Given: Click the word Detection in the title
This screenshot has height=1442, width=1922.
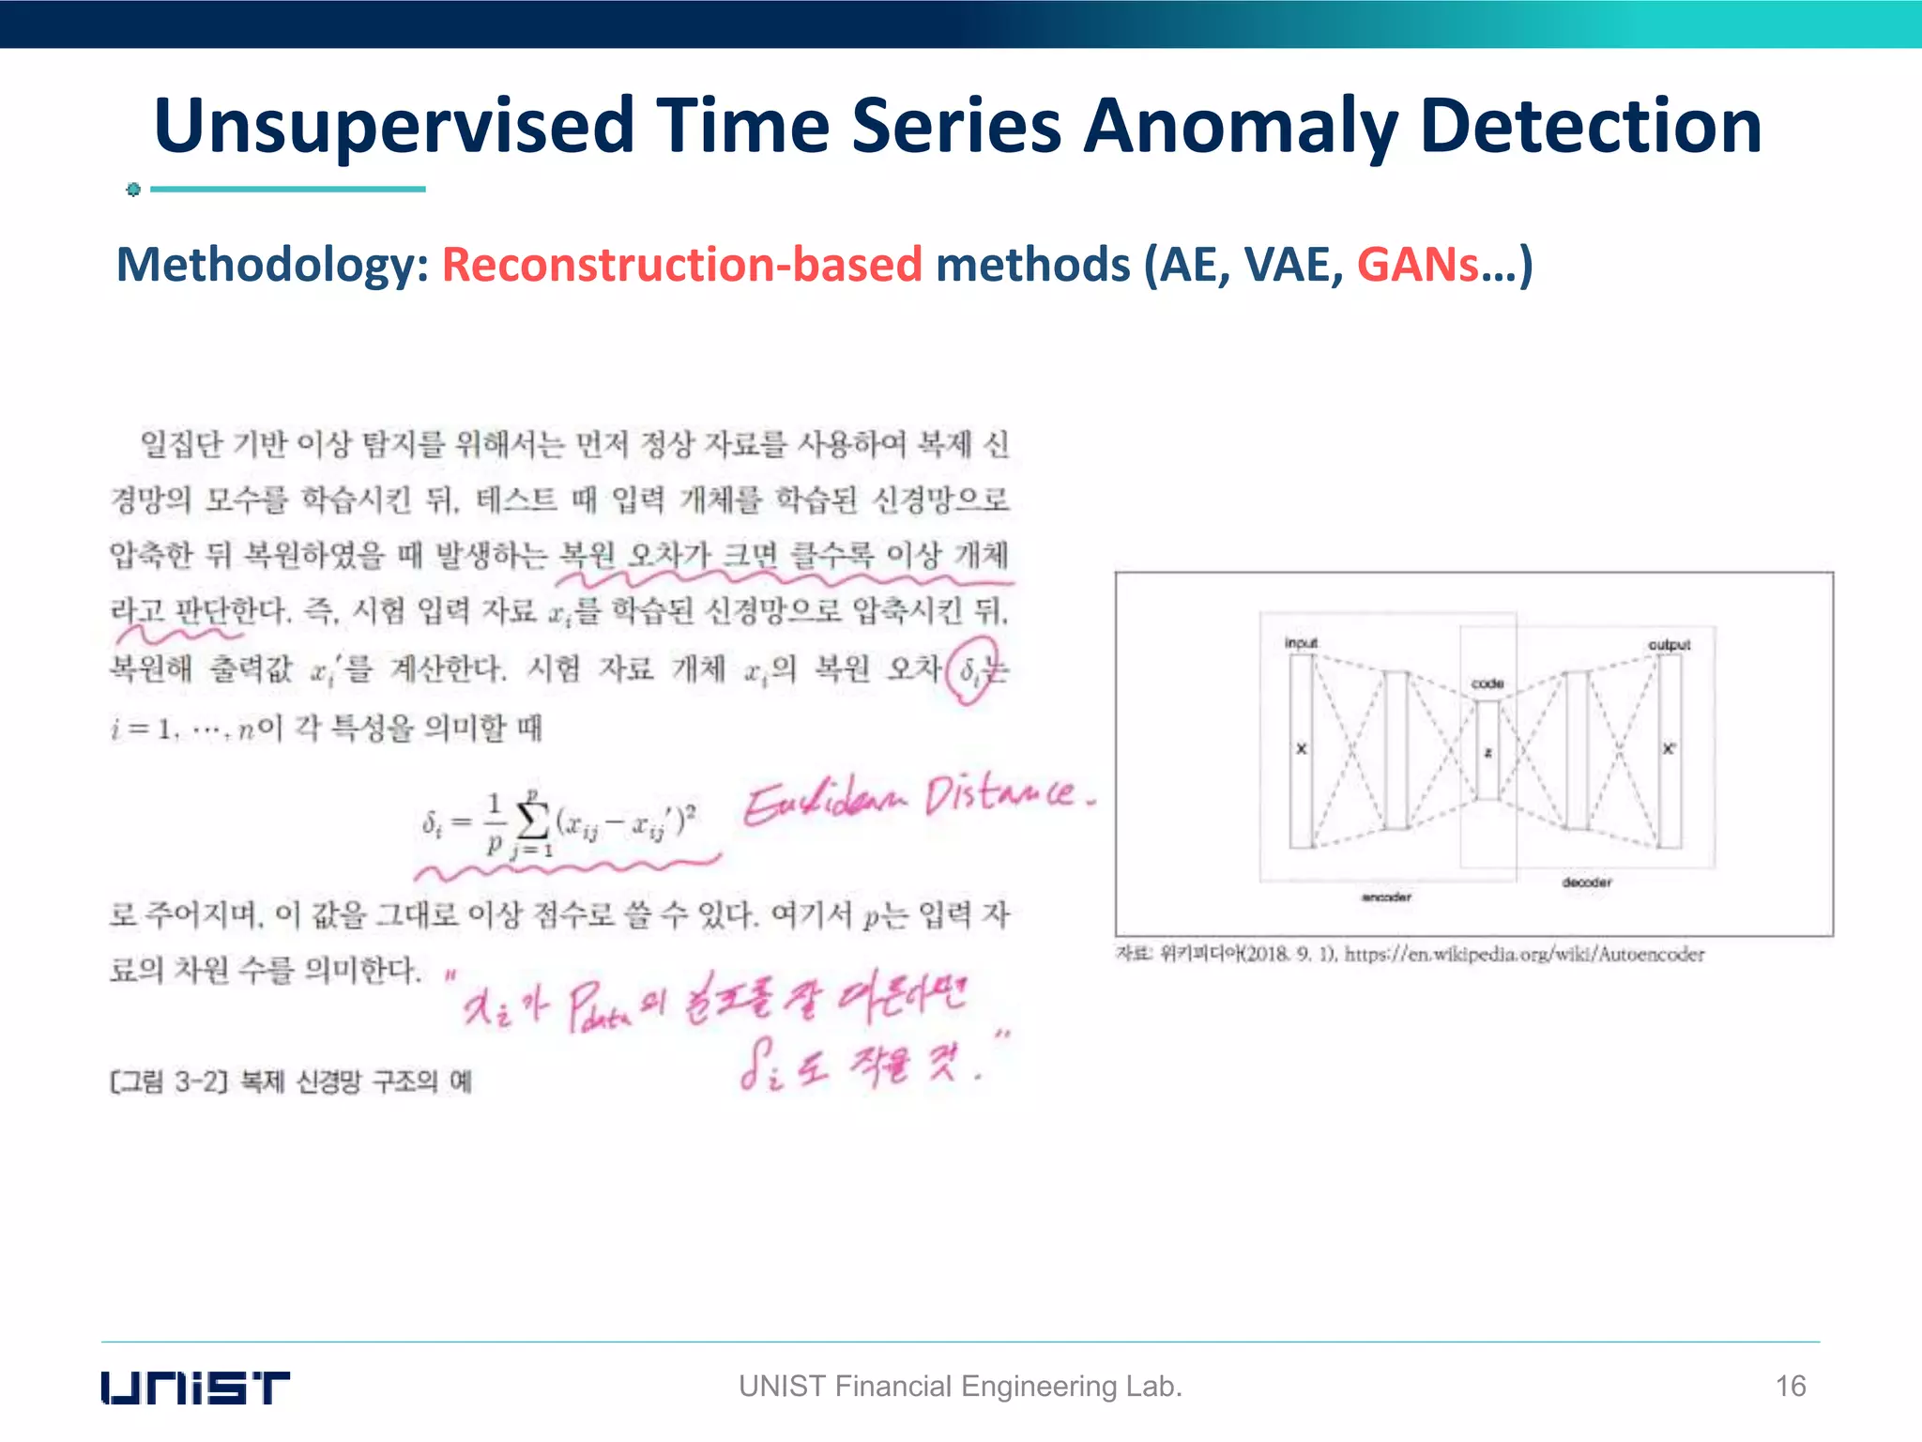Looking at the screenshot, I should (x=1590, y=126).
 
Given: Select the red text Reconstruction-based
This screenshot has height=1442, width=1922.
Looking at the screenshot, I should (x=682, y=265).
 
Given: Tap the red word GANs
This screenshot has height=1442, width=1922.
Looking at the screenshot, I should (x=1417, y=265).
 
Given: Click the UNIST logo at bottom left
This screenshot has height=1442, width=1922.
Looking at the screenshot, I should (x=195, y=1388).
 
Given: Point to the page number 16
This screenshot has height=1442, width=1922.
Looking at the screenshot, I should (x=1791, y=1387).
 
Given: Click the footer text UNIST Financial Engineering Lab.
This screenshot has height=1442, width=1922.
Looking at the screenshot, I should (x=960, y=1387).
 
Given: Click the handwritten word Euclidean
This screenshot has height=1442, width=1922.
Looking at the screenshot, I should (x=826, y=804).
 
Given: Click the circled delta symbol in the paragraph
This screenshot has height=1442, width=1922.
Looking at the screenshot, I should (x=970, y=670).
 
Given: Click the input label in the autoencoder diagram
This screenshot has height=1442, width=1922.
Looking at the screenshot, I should (x=1301, y=643).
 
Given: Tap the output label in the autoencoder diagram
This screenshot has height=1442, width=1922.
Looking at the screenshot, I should (x=1669, y=645).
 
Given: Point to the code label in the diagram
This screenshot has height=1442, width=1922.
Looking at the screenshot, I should (x=1487, y=683).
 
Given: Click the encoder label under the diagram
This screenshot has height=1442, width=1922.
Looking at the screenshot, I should (x=1386, y=897).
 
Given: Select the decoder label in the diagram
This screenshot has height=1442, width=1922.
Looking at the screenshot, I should (x=1587, y=882).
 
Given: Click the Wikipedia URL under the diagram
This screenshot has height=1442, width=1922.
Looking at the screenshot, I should (x=1524, y=955).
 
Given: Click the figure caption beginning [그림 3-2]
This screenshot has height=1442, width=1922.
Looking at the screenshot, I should (x=291, y=1081).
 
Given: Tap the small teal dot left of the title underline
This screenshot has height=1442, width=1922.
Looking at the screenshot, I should (x=133, y=190).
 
